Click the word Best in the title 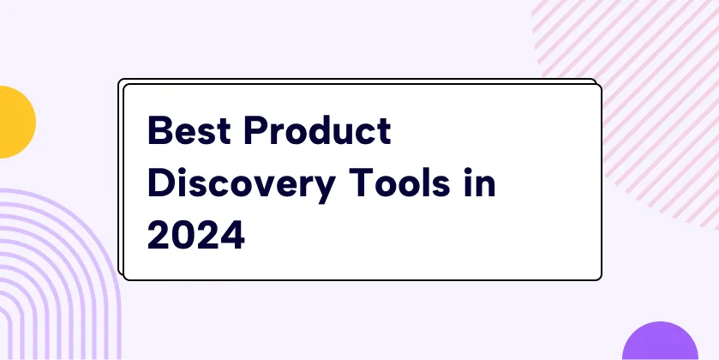[x=189, y=130]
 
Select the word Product [x=317, y=130]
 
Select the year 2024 [x=195, y=234]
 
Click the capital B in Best [x=160, y=130]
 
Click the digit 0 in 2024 [x=184, y=234]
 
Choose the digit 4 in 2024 [x=232, y=234]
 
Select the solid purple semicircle [x=661, y=341]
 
